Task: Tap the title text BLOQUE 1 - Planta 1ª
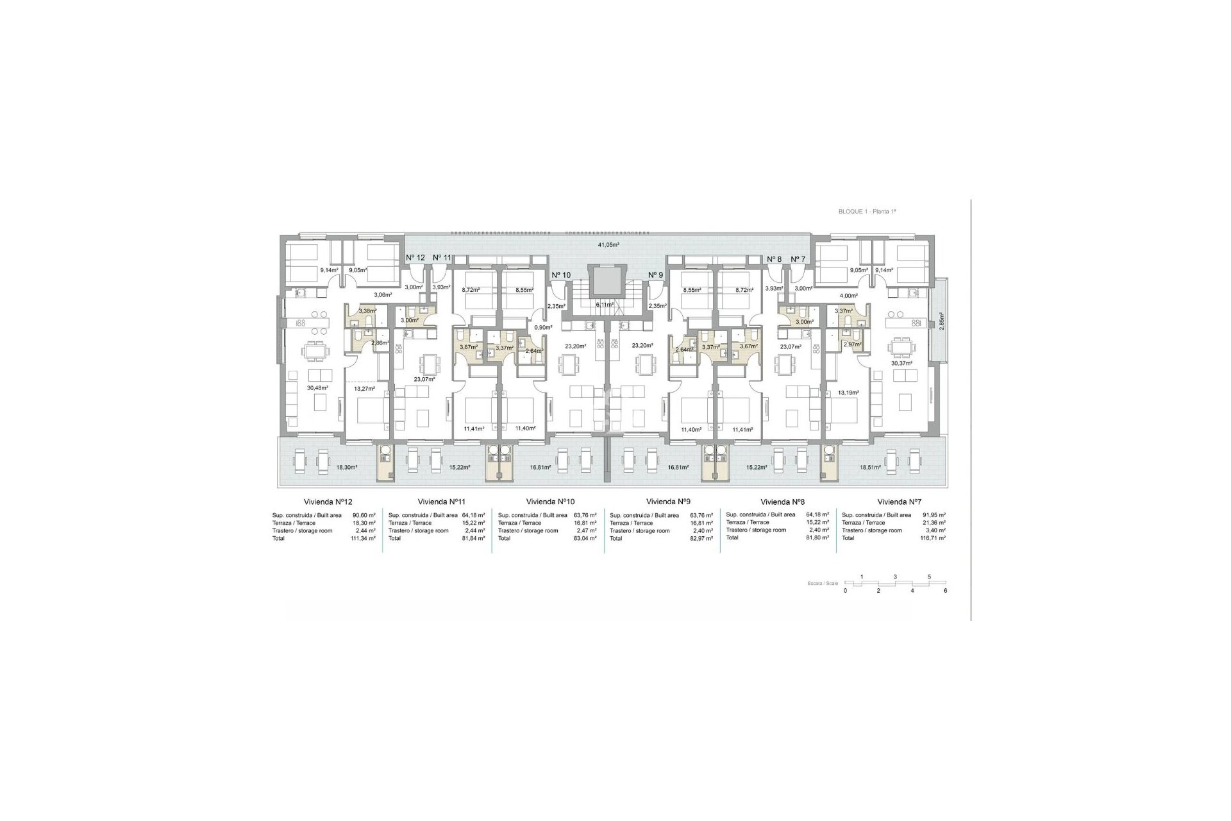871,211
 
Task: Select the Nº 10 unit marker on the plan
561,275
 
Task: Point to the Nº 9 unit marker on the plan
655,275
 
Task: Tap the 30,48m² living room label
317,388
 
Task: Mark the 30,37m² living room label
901,363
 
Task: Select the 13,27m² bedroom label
364,389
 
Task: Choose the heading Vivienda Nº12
326,502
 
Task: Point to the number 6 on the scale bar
945,590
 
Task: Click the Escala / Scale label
823,584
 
